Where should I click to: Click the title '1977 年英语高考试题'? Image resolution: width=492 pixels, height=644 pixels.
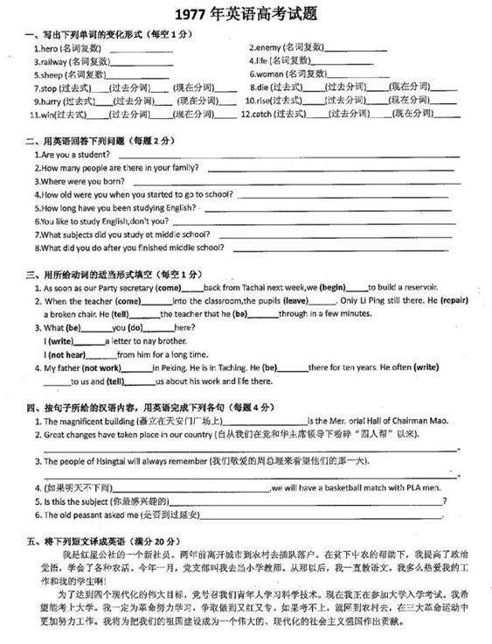(x=246, y=15)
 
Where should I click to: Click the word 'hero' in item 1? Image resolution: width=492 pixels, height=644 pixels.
(x=48, y=46)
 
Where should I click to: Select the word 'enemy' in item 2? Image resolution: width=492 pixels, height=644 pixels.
(x=268, y=46)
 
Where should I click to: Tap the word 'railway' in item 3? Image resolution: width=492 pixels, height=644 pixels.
(x=53, y=61)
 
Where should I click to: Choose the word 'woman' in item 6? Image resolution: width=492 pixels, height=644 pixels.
(x=271, y=74)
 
